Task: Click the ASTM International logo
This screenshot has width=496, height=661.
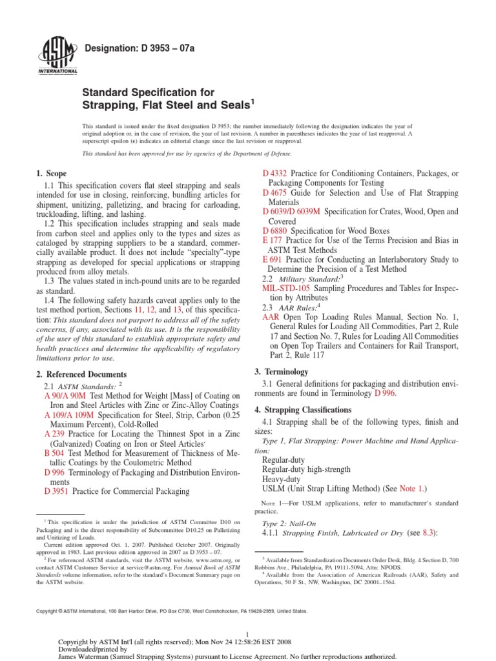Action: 59,56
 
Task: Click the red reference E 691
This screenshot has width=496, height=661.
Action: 272,259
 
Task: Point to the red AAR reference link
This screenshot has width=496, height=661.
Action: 271,318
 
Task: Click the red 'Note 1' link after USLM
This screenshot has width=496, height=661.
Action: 411,489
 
